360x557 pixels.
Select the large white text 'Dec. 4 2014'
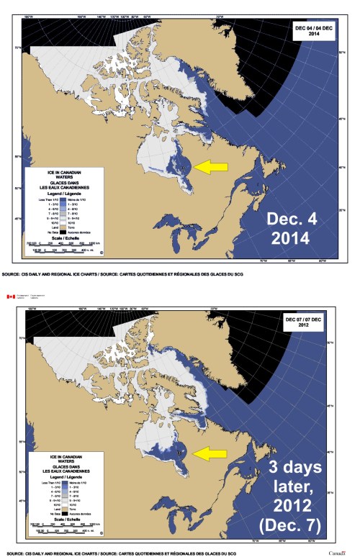(297, 228)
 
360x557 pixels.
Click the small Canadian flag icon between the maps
(10, 296)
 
